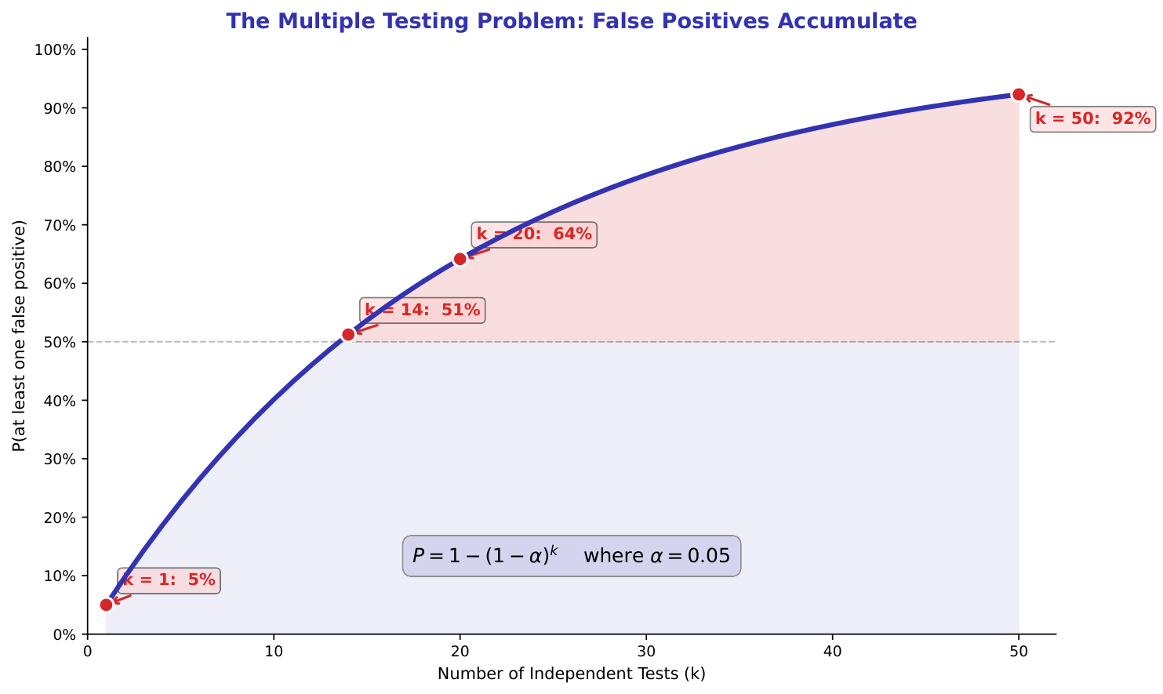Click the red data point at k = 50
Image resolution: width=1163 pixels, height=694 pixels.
(x=1019, y=94)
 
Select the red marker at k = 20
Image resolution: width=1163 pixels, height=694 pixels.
(x=460, y=259)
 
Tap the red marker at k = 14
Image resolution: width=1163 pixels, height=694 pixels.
(x=348, y=335)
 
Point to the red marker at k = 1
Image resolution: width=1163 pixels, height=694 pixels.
(x=106, y=605)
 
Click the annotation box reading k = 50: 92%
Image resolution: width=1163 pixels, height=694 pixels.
(x=1092, y=119)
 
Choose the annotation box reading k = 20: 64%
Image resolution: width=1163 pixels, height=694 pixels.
(x=534, y=234)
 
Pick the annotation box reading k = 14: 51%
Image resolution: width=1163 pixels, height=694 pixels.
(x=422, y=311)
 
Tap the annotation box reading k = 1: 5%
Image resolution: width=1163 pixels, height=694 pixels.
(x=169, y=580)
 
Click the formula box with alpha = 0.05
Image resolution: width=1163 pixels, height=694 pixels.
(x=571, y=556)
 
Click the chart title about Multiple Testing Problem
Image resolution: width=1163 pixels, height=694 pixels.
(x=571, y=21)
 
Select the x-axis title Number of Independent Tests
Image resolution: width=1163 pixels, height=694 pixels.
(x=571, y=674)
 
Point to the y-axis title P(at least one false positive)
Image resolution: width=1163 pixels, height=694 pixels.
(x=20, y=336)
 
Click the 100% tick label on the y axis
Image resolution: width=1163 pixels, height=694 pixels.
(x=56, y=50)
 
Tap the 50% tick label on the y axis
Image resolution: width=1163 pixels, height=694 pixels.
(x=59, y=343)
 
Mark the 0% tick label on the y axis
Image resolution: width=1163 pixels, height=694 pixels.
(x=63, y=634)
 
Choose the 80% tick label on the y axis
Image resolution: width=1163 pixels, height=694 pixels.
(x=59, y=167)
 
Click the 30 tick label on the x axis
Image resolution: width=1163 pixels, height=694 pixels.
(x=646, y=651)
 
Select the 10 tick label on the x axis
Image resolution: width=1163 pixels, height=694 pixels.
(x=274, y=651)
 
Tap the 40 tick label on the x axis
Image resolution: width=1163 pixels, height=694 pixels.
(x=833, y=651)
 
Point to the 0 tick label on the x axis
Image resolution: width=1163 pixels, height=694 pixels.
(x=88, y=651)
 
